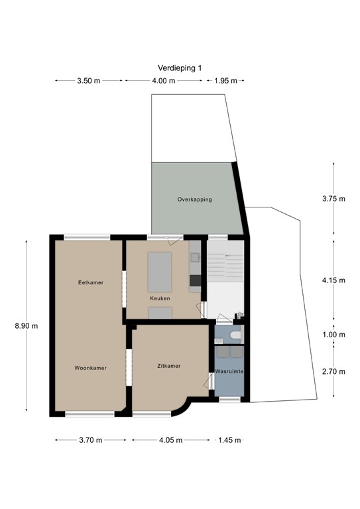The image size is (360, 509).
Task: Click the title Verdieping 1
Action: point(179,68)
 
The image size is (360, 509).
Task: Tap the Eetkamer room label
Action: point(90,282)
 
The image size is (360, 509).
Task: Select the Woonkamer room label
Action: point(91,368)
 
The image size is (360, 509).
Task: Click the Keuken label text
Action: point(160,298)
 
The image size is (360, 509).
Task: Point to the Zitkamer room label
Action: point(168,365)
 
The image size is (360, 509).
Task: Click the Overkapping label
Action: point(194,199)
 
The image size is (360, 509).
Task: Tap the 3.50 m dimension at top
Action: point(89,81)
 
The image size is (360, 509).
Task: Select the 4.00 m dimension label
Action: point(163,81)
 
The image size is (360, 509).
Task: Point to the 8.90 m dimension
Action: point(27,325)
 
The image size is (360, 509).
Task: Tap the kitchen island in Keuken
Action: point(159,272)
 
